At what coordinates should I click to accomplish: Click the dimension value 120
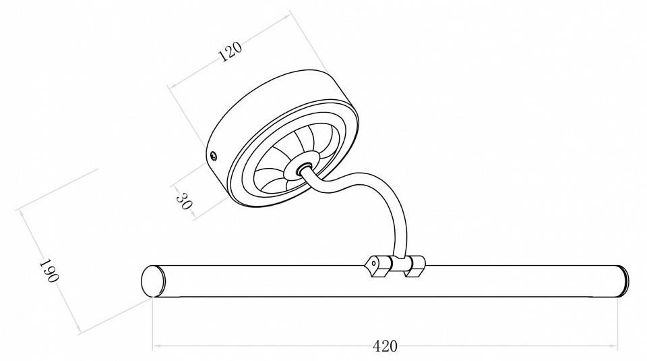230,52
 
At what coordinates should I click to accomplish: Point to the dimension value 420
385,347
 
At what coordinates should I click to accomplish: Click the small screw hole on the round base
214,156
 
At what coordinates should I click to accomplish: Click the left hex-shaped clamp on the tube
375,264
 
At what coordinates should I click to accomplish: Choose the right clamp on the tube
414,265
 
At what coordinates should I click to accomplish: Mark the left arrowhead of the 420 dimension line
154,347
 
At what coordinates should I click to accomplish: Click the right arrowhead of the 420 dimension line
617,347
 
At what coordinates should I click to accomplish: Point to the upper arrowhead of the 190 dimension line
22,211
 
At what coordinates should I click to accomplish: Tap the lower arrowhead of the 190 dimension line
81,330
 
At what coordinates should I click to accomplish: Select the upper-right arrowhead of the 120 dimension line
289,13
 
